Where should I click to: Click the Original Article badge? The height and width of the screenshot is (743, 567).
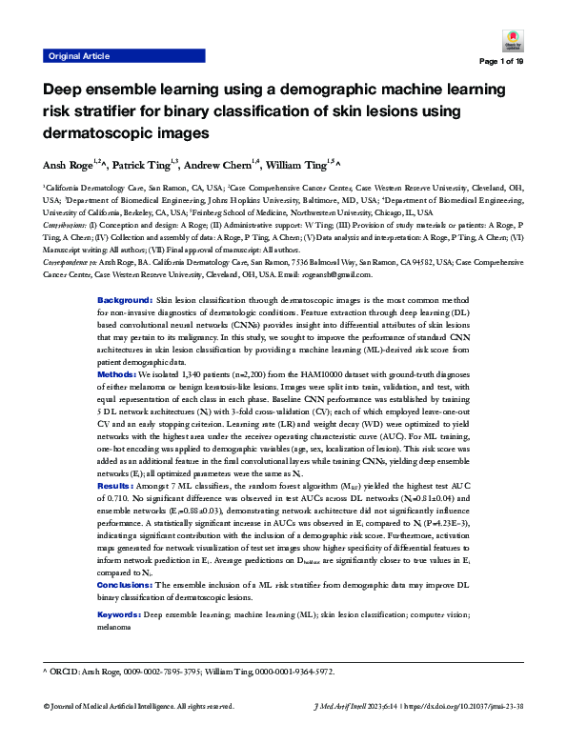[77, 57]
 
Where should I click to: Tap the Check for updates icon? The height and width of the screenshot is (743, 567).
[509, 41]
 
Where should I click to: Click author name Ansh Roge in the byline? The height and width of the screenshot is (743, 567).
[66, 167]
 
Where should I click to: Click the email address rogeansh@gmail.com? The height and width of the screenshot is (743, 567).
[338, 274]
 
